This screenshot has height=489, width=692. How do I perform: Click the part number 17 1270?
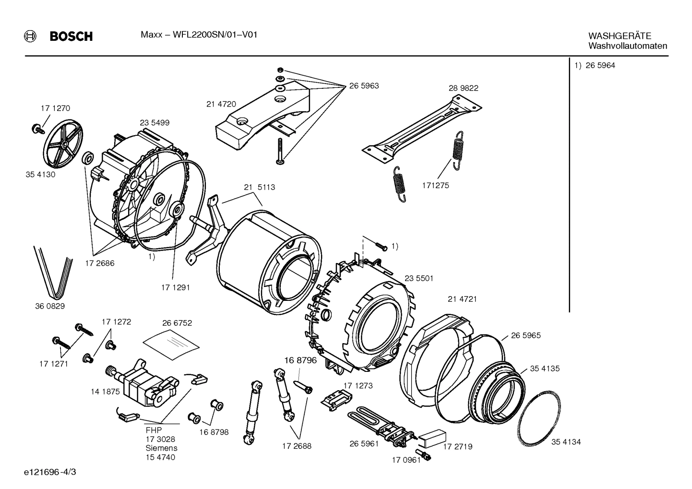coord(55,108)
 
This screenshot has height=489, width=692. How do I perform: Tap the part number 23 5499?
coord(155,123)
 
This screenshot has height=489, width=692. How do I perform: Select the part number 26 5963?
coord(364,86)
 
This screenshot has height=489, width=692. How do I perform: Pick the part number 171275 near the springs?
coord(435,185)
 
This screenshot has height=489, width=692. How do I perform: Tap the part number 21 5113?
coord(259,187)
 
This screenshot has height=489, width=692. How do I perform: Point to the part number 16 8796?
coord(300,360)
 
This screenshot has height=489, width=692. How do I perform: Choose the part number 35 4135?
coord(545,369)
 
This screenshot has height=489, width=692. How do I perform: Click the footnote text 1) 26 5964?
coord(595,66)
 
